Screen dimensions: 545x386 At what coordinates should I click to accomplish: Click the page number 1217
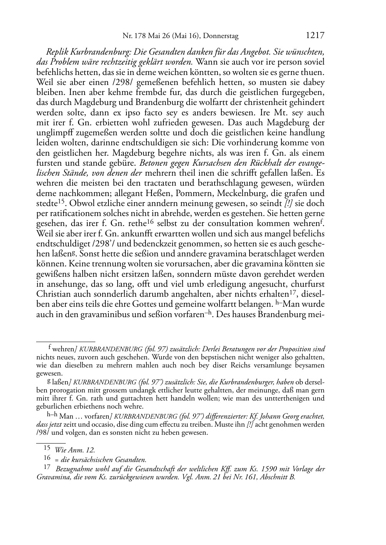pos(315,36)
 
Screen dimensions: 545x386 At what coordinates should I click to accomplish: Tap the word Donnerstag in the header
pos(221,36)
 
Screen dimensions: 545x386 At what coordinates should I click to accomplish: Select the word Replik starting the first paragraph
pos(57,52)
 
